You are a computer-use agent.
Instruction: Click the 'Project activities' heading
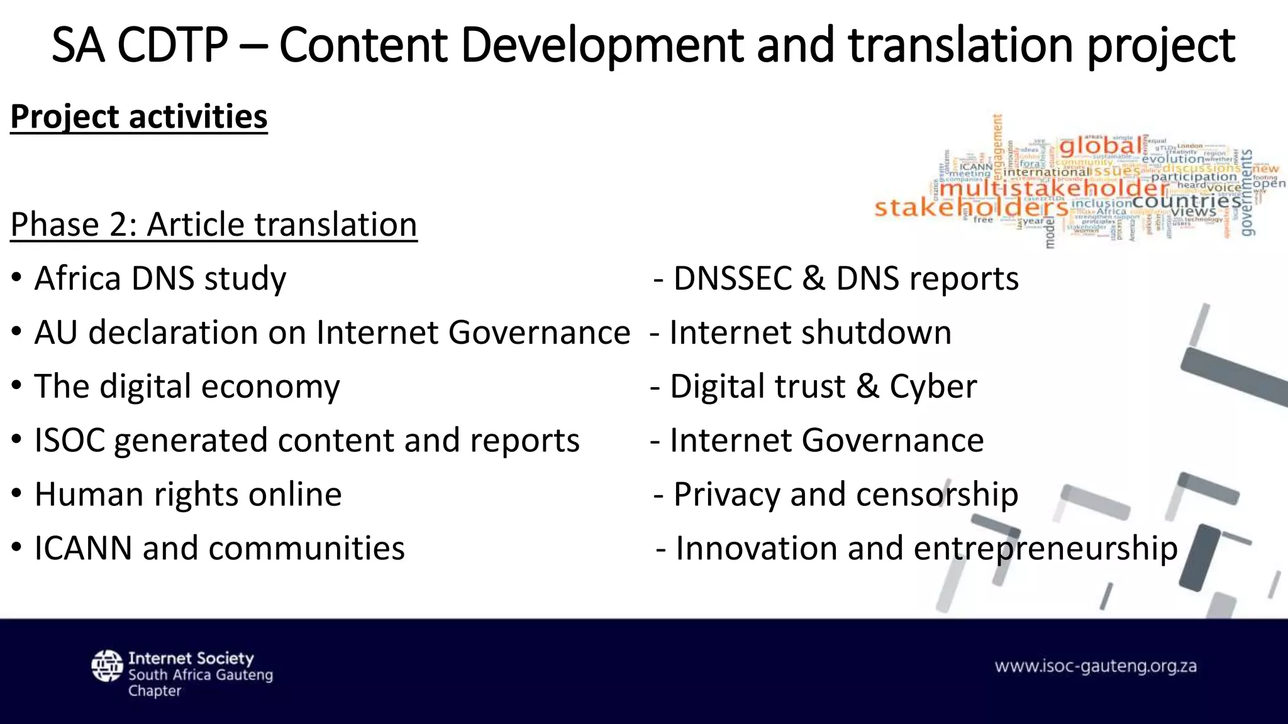(x=139, y=117)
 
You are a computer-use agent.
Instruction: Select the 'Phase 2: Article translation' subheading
(x=214, y=225)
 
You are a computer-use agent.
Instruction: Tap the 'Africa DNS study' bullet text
(x=160, y=278)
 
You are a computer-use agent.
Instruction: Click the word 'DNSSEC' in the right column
(x=733, y=278)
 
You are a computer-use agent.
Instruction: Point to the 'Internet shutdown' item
(x=810, y=332)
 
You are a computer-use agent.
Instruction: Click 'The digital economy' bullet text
(x=187, y=387)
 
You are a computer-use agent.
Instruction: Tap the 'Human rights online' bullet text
(x=188, y=494)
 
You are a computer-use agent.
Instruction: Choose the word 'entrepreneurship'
(x=1045, y=548)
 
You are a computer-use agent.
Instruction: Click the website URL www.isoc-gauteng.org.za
(x=1096, y=666)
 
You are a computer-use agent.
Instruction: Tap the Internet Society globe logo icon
(x=107, y=666)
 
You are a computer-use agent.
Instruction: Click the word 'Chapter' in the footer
(x=155, y=691)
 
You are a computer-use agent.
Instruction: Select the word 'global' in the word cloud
(x=1100, y=146)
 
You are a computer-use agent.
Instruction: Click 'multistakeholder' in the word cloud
(x=1054, y=187)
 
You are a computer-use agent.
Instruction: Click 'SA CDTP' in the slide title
(x=140, y=45)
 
